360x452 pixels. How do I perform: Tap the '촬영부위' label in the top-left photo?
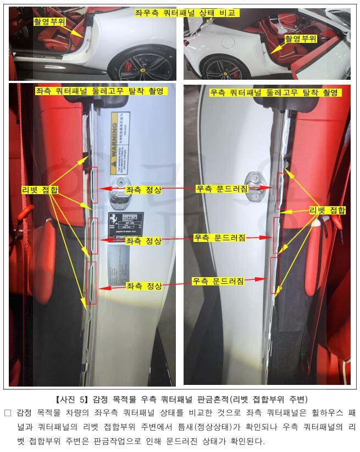coord(49,22)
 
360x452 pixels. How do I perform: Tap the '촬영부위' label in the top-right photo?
coord(301,38)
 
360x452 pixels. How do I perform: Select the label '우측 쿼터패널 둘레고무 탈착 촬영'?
coord(273,92)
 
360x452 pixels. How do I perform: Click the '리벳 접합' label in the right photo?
coord(328,210)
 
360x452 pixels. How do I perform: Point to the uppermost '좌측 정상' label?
coord(144,190)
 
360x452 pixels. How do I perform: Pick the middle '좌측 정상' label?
coord(144,241)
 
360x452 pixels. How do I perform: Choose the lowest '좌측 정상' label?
coord(144,286)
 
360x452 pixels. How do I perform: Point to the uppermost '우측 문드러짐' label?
coord(222,189)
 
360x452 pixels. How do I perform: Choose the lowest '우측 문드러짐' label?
coord(218,281)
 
